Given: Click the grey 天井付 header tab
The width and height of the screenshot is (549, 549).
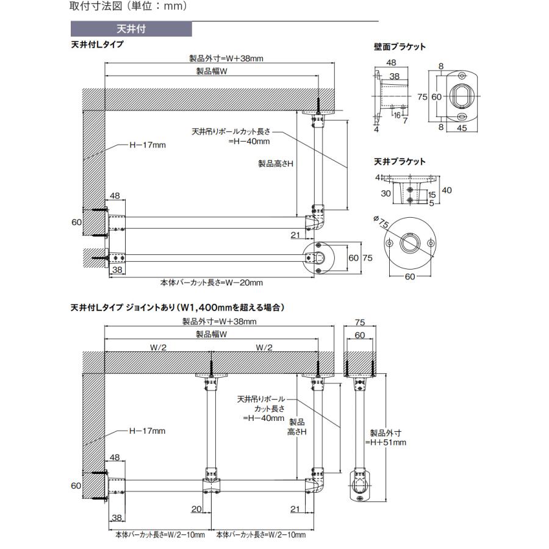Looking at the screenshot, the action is (x=131, y=29).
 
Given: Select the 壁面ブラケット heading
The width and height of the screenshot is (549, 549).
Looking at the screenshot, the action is (x=400, y=46).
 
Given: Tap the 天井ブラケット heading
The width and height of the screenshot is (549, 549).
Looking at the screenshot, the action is (x=400, y=162).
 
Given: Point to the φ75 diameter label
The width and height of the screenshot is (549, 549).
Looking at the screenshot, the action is (x=381, y=221).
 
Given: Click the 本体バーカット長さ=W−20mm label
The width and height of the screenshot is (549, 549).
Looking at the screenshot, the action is (x=212, y=282).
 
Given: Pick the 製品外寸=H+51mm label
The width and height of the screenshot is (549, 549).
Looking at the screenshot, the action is (x=386, y=437).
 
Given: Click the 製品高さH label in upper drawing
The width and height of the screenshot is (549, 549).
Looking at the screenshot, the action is (x=276, y=163).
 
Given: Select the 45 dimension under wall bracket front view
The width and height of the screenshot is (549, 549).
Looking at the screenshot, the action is (x=462, y=128).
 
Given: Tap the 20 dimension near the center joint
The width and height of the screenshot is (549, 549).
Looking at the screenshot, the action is (x=196, y=509).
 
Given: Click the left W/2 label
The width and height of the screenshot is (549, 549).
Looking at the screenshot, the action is (x=158, y=347).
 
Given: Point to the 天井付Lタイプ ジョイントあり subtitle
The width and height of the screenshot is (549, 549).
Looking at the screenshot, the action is (x=178, y=307).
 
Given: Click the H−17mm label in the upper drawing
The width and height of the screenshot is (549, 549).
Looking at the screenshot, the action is (x=148, y=145).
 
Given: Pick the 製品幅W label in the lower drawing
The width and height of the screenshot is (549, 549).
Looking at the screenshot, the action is (x=212, y=334).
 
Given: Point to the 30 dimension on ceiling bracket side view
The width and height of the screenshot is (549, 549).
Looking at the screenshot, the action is (x=386, y=193).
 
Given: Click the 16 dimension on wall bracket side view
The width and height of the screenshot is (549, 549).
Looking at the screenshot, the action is (x=396, y=115).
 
